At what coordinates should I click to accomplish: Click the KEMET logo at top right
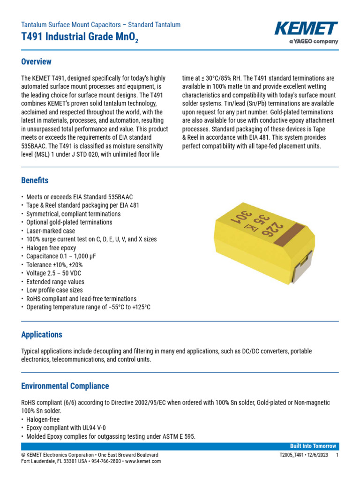coord(306,29)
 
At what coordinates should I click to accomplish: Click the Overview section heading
coord(37,62)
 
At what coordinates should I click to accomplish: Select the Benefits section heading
coord(35,180)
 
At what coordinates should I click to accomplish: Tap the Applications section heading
coord(42,335)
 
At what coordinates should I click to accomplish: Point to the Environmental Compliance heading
coord(65,386)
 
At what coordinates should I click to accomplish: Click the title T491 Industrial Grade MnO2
coord(80,38)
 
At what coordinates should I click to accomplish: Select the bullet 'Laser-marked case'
coord(51,231)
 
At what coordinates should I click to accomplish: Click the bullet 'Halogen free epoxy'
coord(51,247)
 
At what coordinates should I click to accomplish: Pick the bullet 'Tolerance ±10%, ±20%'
coord(54,264)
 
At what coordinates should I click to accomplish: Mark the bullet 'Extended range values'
coord(55,282)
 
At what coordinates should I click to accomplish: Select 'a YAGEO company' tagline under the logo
coord(313,42)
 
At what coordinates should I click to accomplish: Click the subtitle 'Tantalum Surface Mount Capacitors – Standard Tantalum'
coord(101,25)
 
